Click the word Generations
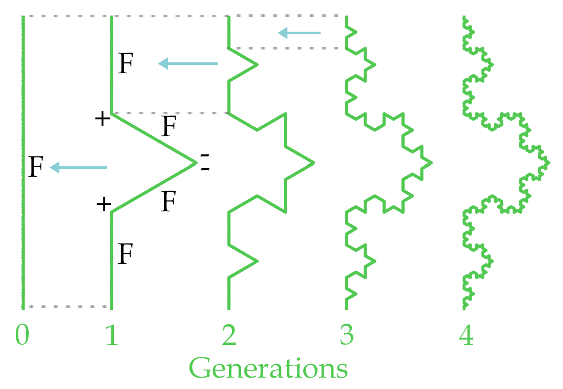pos(268,368)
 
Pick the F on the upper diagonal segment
pos(169,127)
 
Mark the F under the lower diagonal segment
pos(169,202)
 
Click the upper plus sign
pos(102,119)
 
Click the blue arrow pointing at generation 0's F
pos(78,168)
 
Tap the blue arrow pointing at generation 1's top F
pos(188,63)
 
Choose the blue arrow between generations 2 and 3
pos(299,33)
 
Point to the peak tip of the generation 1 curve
pos(196,162)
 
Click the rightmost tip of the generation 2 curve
pos(314,162)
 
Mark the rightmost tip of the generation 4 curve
pos(548,162)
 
